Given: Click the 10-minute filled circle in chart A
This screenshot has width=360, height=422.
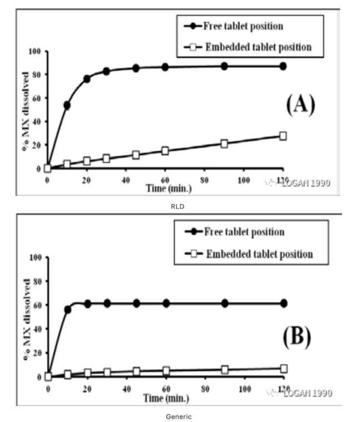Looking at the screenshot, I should (67, 105).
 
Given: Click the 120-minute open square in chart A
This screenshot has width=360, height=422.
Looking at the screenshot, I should (283, 136).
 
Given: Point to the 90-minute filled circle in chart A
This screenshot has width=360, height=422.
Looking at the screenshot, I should (224, 66).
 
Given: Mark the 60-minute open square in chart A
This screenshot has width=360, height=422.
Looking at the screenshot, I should (165, 151).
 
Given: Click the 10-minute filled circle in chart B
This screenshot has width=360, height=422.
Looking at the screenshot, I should (68, 310).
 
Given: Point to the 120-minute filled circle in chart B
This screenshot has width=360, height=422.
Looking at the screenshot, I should (284, 303).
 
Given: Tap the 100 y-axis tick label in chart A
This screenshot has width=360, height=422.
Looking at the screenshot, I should (35, 51).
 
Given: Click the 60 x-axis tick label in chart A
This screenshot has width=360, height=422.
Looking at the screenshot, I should (165, 180).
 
